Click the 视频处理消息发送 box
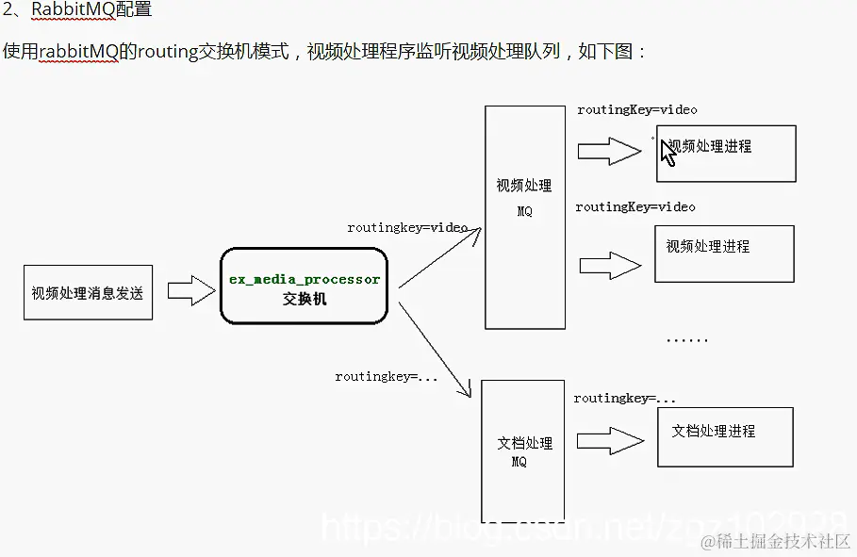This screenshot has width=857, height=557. pos(88,292)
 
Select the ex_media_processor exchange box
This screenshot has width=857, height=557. pos(304,287)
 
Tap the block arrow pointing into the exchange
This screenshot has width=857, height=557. pos(191,290)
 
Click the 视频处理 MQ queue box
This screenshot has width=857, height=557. pos(525,217)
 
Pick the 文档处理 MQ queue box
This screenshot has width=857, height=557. pos(524,451)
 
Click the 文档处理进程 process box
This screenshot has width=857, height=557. pos(725,436)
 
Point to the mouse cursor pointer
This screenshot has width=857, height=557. pos(668,153)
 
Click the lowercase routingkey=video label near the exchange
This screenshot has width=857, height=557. pos(407,228)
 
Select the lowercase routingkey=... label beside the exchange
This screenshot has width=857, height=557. pos(387,377)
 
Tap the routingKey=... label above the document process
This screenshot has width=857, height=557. pos(625,399)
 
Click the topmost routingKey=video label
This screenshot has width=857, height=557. pos(637,110)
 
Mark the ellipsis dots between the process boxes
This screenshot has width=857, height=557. pos(686,339)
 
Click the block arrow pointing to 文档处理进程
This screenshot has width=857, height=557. pos(610,438)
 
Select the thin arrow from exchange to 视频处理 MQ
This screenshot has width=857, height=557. pos(440,257)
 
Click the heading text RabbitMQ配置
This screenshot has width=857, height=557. pos(91,10)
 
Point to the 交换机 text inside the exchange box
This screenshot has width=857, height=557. pos(305,300)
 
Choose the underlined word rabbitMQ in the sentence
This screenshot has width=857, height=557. pos(79,51)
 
